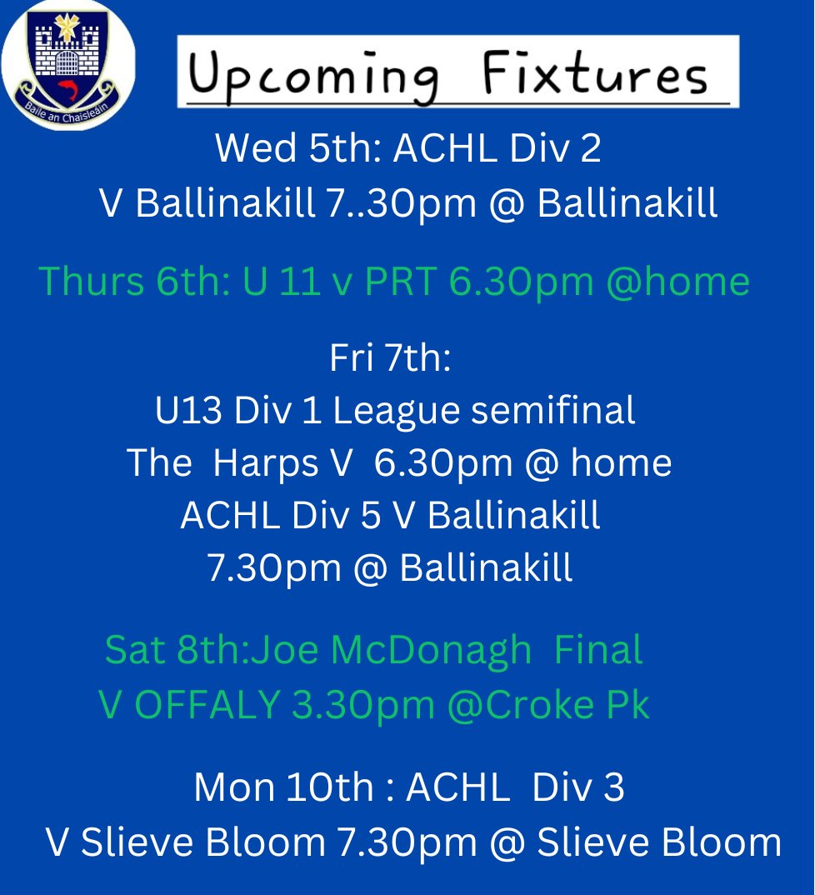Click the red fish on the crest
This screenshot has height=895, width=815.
tap(67, 85)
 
